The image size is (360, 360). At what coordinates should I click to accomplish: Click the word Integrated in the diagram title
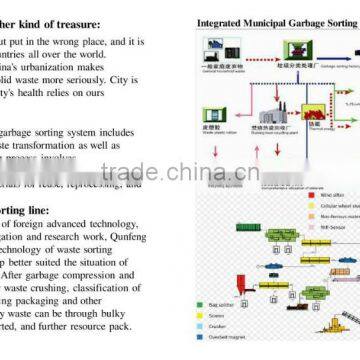pyautogui.click(x=219, y=20)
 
